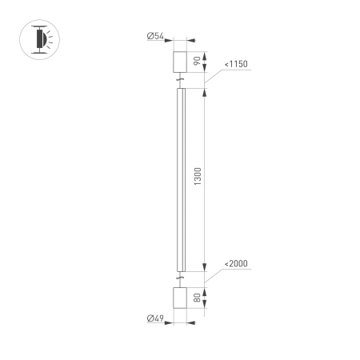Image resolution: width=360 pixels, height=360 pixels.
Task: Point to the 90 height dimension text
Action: pyautogui.click(x=198, y=62)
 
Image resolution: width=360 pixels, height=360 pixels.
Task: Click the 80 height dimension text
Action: pyautogui.click(x=198, y=297)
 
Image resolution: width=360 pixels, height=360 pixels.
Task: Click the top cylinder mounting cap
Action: pyautogui.click(x=180, y=62)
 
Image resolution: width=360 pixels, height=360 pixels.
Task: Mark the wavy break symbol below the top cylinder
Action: pyautogui.click(x=180, y=80)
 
